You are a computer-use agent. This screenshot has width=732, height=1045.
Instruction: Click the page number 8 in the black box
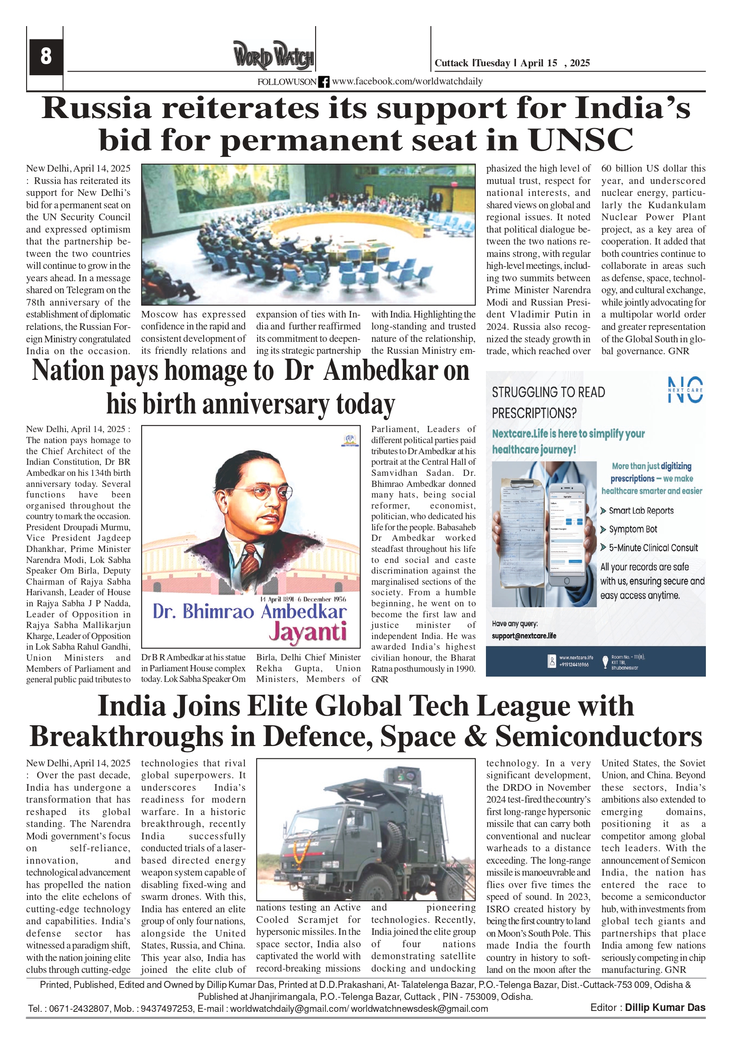tap(46, 57)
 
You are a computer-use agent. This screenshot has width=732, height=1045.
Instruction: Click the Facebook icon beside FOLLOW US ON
tap(324, 82)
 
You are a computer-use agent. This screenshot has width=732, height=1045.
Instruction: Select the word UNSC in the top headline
tap(580, 139)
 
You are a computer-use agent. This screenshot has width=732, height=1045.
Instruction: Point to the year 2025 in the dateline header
tap(579, 63)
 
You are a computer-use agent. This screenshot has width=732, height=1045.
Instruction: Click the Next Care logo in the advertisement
tap(685, 390)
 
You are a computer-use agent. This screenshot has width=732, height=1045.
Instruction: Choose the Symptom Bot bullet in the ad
tap(633, 529)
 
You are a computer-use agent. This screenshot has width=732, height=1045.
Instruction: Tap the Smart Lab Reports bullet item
tap(641, 511)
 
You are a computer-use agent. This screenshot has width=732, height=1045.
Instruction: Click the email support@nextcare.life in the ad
tap(524, 636)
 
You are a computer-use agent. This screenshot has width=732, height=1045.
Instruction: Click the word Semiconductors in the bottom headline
tap(598, 736)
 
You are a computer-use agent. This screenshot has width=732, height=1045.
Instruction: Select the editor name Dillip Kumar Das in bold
tap(665, 1007)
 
